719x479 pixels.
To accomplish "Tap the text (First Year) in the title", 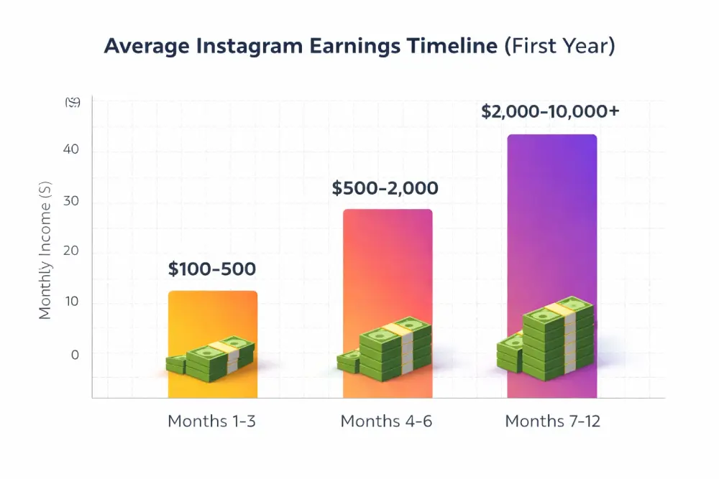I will coord(559,46).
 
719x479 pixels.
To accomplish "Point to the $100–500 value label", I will coord(212,270).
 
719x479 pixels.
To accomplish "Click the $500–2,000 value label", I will coord(385,189).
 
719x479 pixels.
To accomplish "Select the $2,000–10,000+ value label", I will coord(551,112).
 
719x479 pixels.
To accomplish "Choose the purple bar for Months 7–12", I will coord(551,215).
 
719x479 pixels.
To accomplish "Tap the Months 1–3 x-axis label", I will coord(211,422).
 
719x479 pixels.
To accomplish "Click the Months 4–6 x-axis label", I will coord(386,422).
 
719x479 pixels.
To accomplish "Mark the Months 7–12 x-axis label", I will coord(552,422).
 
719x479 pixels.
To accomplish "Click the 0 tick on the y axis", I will coord(75,354).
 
